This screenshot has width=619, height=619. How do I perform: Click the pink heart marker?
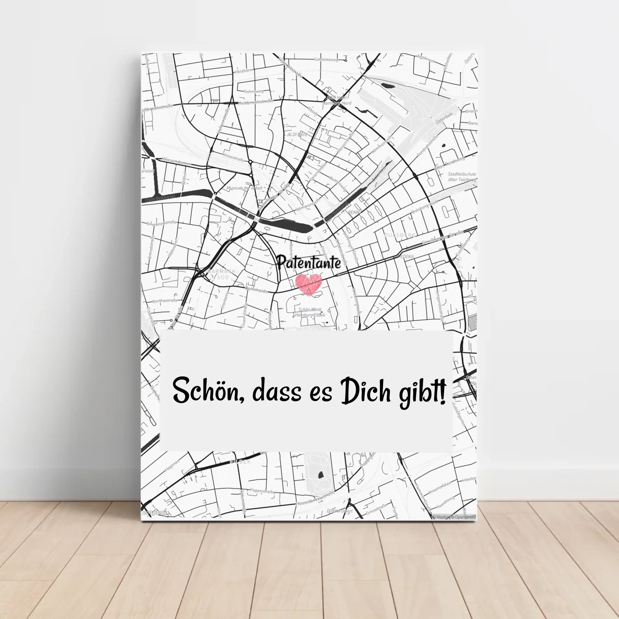[x=308, y=284]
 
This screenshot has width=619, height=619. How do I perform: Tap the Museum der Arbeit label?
[x=244, y=188]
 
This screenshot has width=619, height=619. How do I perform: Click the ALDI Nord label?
[x=297, y=134]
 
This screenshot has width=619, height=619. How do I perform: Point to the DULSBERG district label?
[x=400, y=235]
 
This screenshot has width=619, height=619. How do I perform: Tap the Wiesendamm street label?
[x=177, y=160]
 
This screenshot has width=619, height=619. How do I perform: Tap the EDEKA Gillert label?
[x=340, y=511]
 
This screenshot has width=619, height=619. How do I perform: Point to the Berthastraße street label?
[x=165, y=301]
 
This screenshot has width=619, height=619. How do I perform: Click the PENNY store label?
[x=354, y=212]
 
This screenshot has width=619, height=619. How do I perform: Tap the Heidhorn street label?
[x=244, y=71]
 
